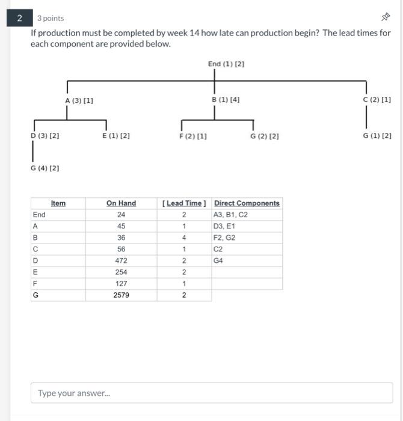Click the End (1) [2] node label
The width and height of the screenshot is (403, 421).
tap(226, 64)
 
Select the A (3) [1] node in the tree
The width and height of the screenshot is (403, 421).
tap(79, 100)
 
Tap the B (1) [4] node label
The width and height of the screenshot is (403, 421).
tap(226, 100)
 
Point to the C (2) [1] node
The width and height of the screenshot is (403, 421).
tap(377, 100)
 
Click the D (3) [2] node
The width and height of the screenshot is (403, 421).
tap(45, 137)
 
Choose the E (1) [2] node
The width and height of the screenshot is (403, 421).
tap(116, 137)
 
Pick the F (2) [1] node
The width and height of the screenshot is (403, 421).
tap(193, 137)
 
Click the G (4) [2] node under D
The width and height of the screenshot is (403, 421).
tap(45, 168)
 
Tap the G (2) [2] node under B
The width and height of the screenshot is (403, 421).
tap(265, 137)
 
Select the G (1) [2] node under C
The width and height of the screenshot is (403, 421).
tap(377, 136)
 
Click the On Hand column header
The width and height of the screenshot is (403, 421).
tap(121, 203)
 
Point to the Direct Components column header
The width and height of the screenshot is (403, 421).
tap(247, 203)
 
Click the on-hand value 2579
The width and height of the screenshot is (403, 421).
tap(121, 295)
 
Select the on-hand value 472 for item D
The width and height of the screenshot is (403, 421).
tap(121, 260)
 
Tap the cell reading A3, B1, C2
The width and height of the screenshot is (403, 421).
tap(231, 215)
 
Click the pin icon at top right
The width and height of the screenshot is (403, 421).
tap(386, 18)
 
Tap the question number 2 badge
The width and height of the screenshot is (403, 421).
tap(20, 18)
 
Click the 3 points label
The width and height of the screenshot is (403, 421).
tap(51, 19)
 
